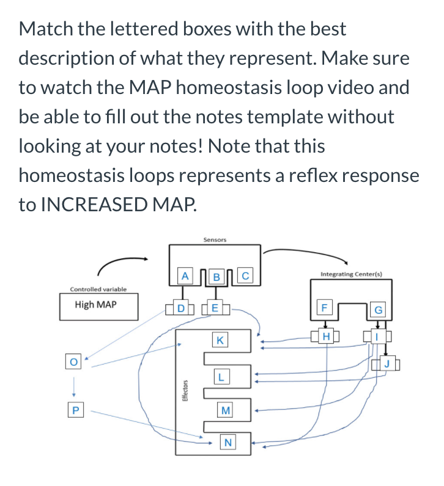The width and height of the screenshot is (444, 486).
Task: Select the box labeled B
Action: [214, 276]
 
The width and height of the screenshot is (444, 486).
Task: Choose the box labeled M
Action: [226, 410]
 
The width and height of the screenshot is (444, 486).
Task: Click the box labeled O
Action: [73, 361]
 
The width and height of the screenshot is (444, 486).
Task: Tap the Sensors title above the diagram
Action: [215, 240]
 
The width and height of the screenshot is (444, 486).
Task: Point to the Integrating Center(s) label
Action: [351, 275]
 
